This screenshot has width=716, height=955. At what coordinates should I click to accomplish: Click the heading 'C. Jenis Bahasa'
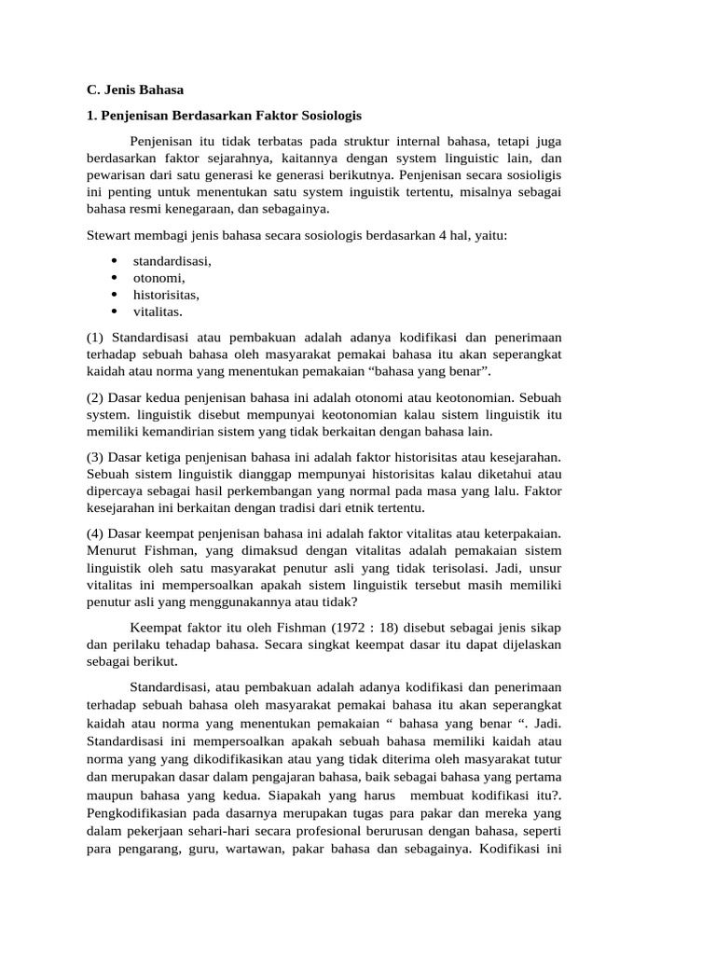pos(135,90)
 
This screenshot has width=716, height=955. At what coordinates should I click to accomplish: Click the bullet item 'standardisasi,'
pos(172,261)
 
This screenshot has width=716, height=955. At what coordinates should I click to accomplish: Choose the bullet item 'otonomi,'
pos(158,278)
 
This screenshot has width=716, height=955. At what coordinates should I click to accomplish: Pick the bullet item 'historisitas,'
pos(166,295)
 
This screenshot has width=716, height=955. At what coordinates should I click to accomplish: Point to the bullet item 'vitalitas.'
pos(158,311)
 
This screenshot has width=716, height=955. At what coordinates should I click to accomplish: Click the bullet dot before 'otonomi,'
pos(114,278)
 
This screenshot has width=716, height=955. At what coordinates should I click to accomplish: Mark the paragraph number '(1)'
pos(95,337)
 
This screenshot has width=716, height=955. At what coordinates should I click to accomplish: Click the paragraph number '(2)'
pos(95,397)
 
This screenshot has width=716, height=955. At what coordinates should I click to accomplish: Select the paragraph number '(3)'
pos(95,457)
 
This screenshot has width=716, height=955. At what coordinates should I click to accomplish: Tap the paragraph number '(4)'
pos(95,533)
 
